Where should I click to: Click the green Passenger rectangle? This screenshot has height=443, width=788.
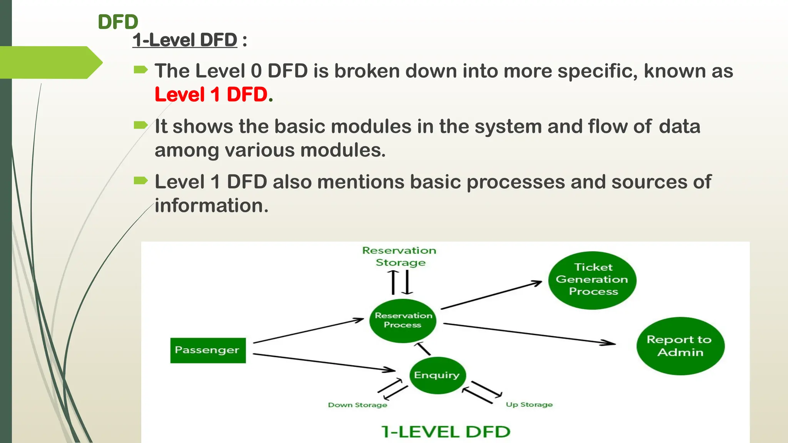(x=208, y=350)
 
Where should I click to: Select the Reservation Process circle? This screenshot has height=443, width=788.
(x=403, y=320)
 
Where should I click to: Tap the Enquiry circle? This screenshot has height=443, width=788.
(x=437, y=375)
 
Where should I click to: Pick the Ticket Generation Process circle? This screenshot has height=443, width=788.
(x=592, y=280)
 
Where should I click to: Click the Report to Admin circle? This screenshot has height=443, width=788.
(x=680, y=346)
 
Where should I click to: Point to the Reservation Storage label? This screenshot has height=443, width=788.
(x=399, y=256)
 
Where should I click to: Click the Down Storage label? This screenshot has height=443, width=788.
(x=357, y=405)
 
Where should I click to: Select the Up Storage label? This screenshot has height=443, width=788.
(x=529, y=405)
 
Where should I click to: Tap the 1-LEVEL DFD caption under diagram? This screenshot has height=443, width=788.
(x=446, y=432)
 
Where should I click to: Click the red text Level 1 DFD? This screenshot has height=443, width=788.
(x=211, y=95)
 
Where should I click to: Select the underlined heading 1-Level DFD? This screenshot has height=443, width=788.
(x=185, y=40)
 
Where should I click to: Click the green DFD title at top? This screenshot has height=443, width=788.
(x=118, y=22)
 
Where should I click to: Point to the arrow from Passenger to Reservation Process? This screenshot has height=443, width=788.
(x=308, y=331)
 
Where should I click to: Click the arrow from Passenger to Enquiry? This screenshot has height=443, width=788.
(x=323, y=362)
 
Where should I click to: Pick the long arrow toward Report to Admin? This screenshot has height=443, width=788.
(x=529, y=333)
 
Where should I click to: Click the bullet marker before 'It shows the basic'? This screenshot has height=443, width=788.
(x=140, y=125)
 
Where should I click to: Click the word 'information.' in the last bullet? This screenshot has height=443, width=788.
(x=211, y=206)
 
